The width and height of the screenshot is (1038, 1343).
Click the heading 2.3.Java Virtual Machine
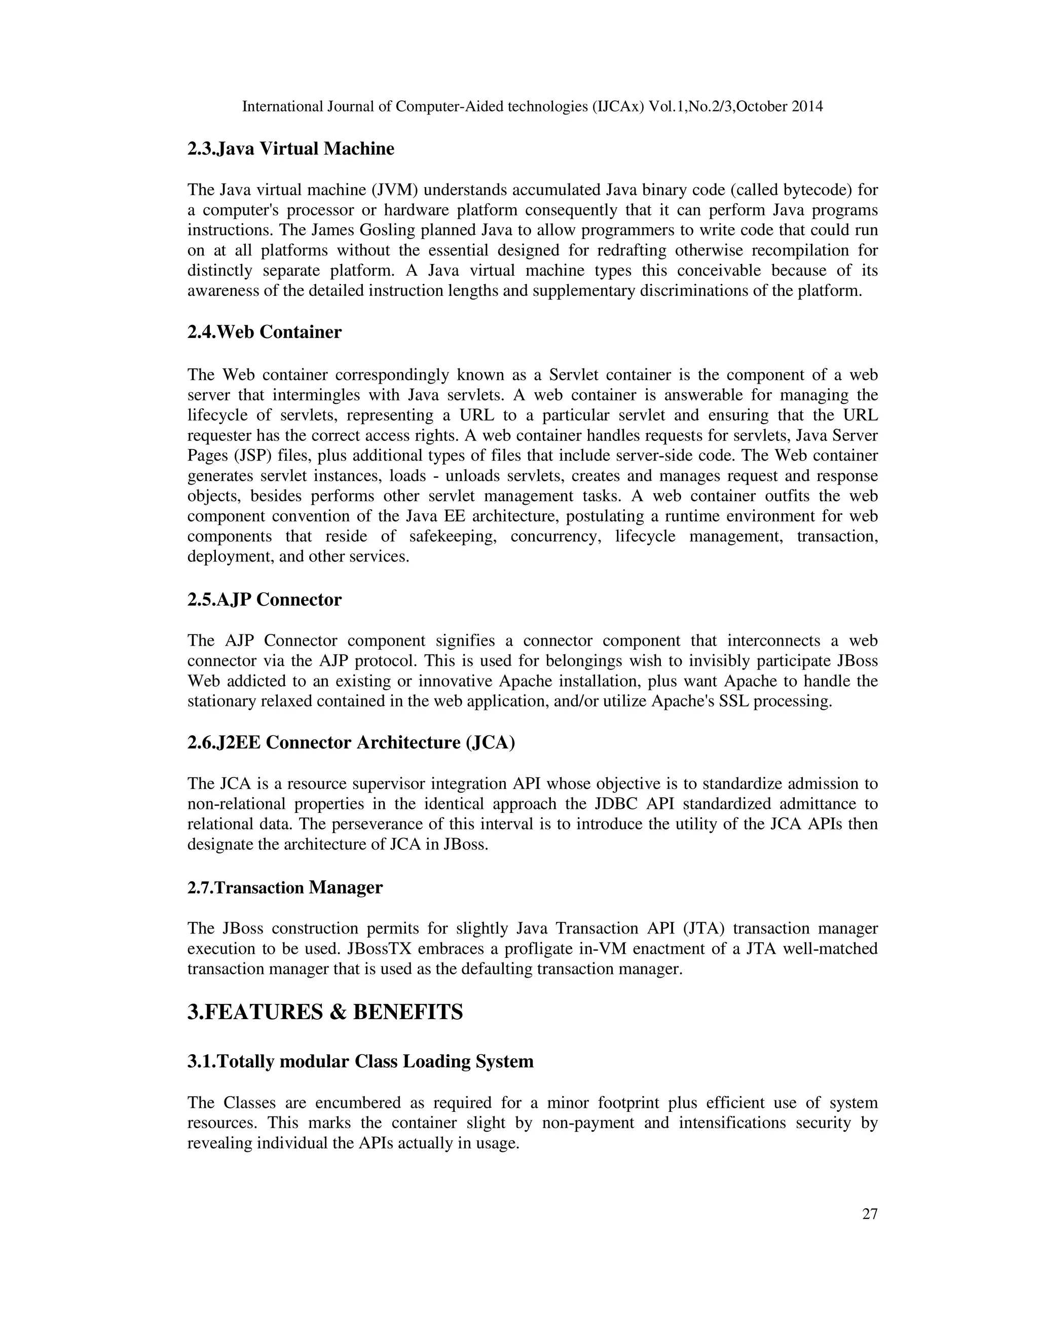(x=290, y=149)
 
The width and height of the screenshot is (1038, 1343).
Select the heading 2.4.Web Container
(x=265, y=332)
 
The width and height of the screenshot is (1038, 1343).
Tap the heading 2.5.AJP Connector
(x=265, y=600)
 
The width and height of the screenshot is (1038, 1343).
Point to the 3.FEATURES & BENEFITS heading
(x=325, y=1012)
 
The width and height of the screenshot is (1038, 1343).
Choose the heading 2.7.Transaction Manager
(x=285, y=887)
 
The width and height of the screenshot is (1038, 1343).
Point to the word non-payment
(x=587, y=1123)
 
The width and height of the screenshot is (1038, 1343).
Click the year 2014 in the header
(x=807, y=106)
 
